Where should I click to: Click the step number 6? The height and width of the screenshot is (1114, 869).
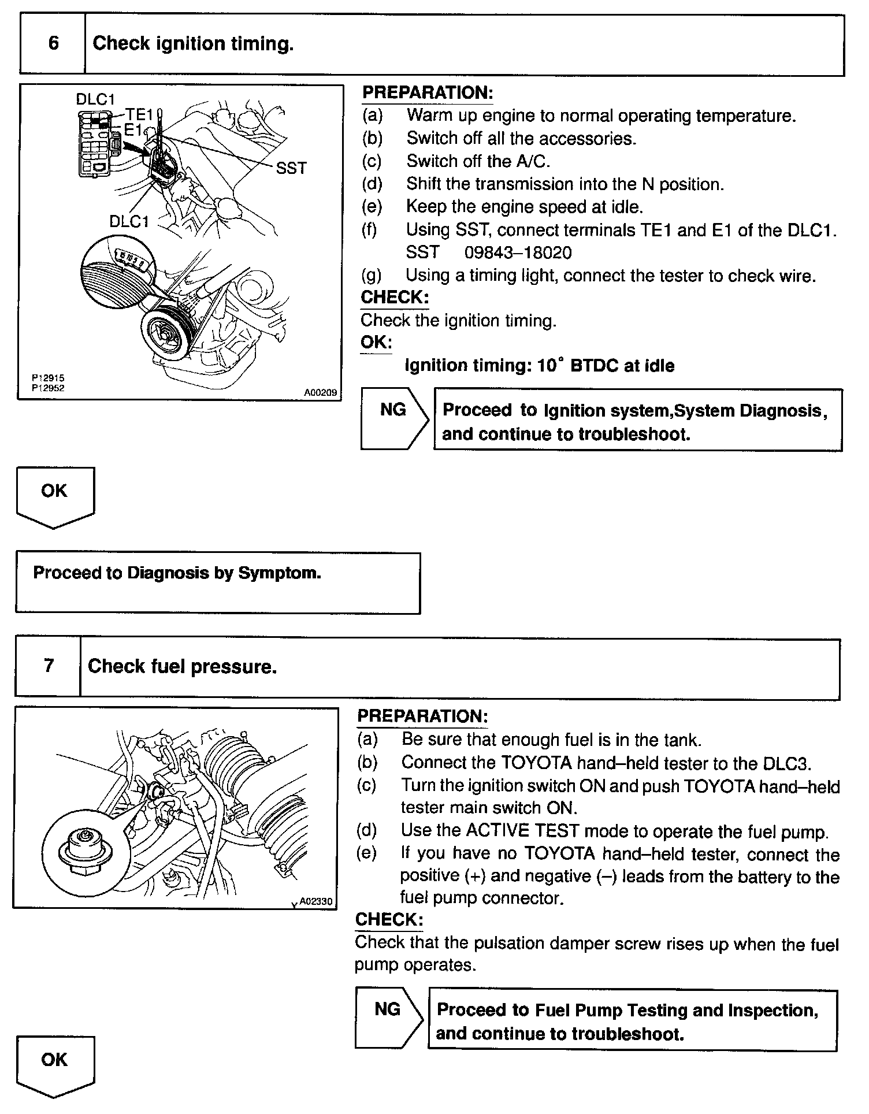(x=53, y=43)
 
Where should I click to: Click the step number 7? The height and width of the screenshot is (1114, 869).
(x=49, y=666)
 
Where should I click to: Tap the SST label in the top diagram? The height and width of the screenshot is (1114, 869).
(x=291, y=168)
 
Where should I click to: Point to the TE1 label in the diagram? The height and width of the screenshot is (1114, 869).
(x=139, y=114)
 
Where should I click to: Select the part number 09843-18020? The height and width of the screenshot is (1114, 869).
(x=518, y=252)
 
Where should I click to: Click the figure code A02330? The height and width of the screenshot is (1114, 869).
(x=315, y=901)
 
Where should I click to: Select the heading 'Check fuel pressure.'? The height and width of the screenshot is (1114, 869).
(x=182, y=667)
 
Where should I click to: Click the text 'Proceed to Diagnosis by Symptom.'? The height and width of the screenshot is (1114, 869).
(x=177, y=573)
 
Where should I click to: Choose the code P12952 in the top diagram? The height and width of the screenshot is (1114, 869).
(x=48, y=388)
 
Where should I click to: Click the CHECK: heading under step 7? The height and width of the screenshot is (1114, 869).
(x=389, y=920)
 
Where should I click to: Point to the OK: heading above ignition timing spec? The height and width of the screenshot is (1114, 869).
(x=376, y=342)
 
